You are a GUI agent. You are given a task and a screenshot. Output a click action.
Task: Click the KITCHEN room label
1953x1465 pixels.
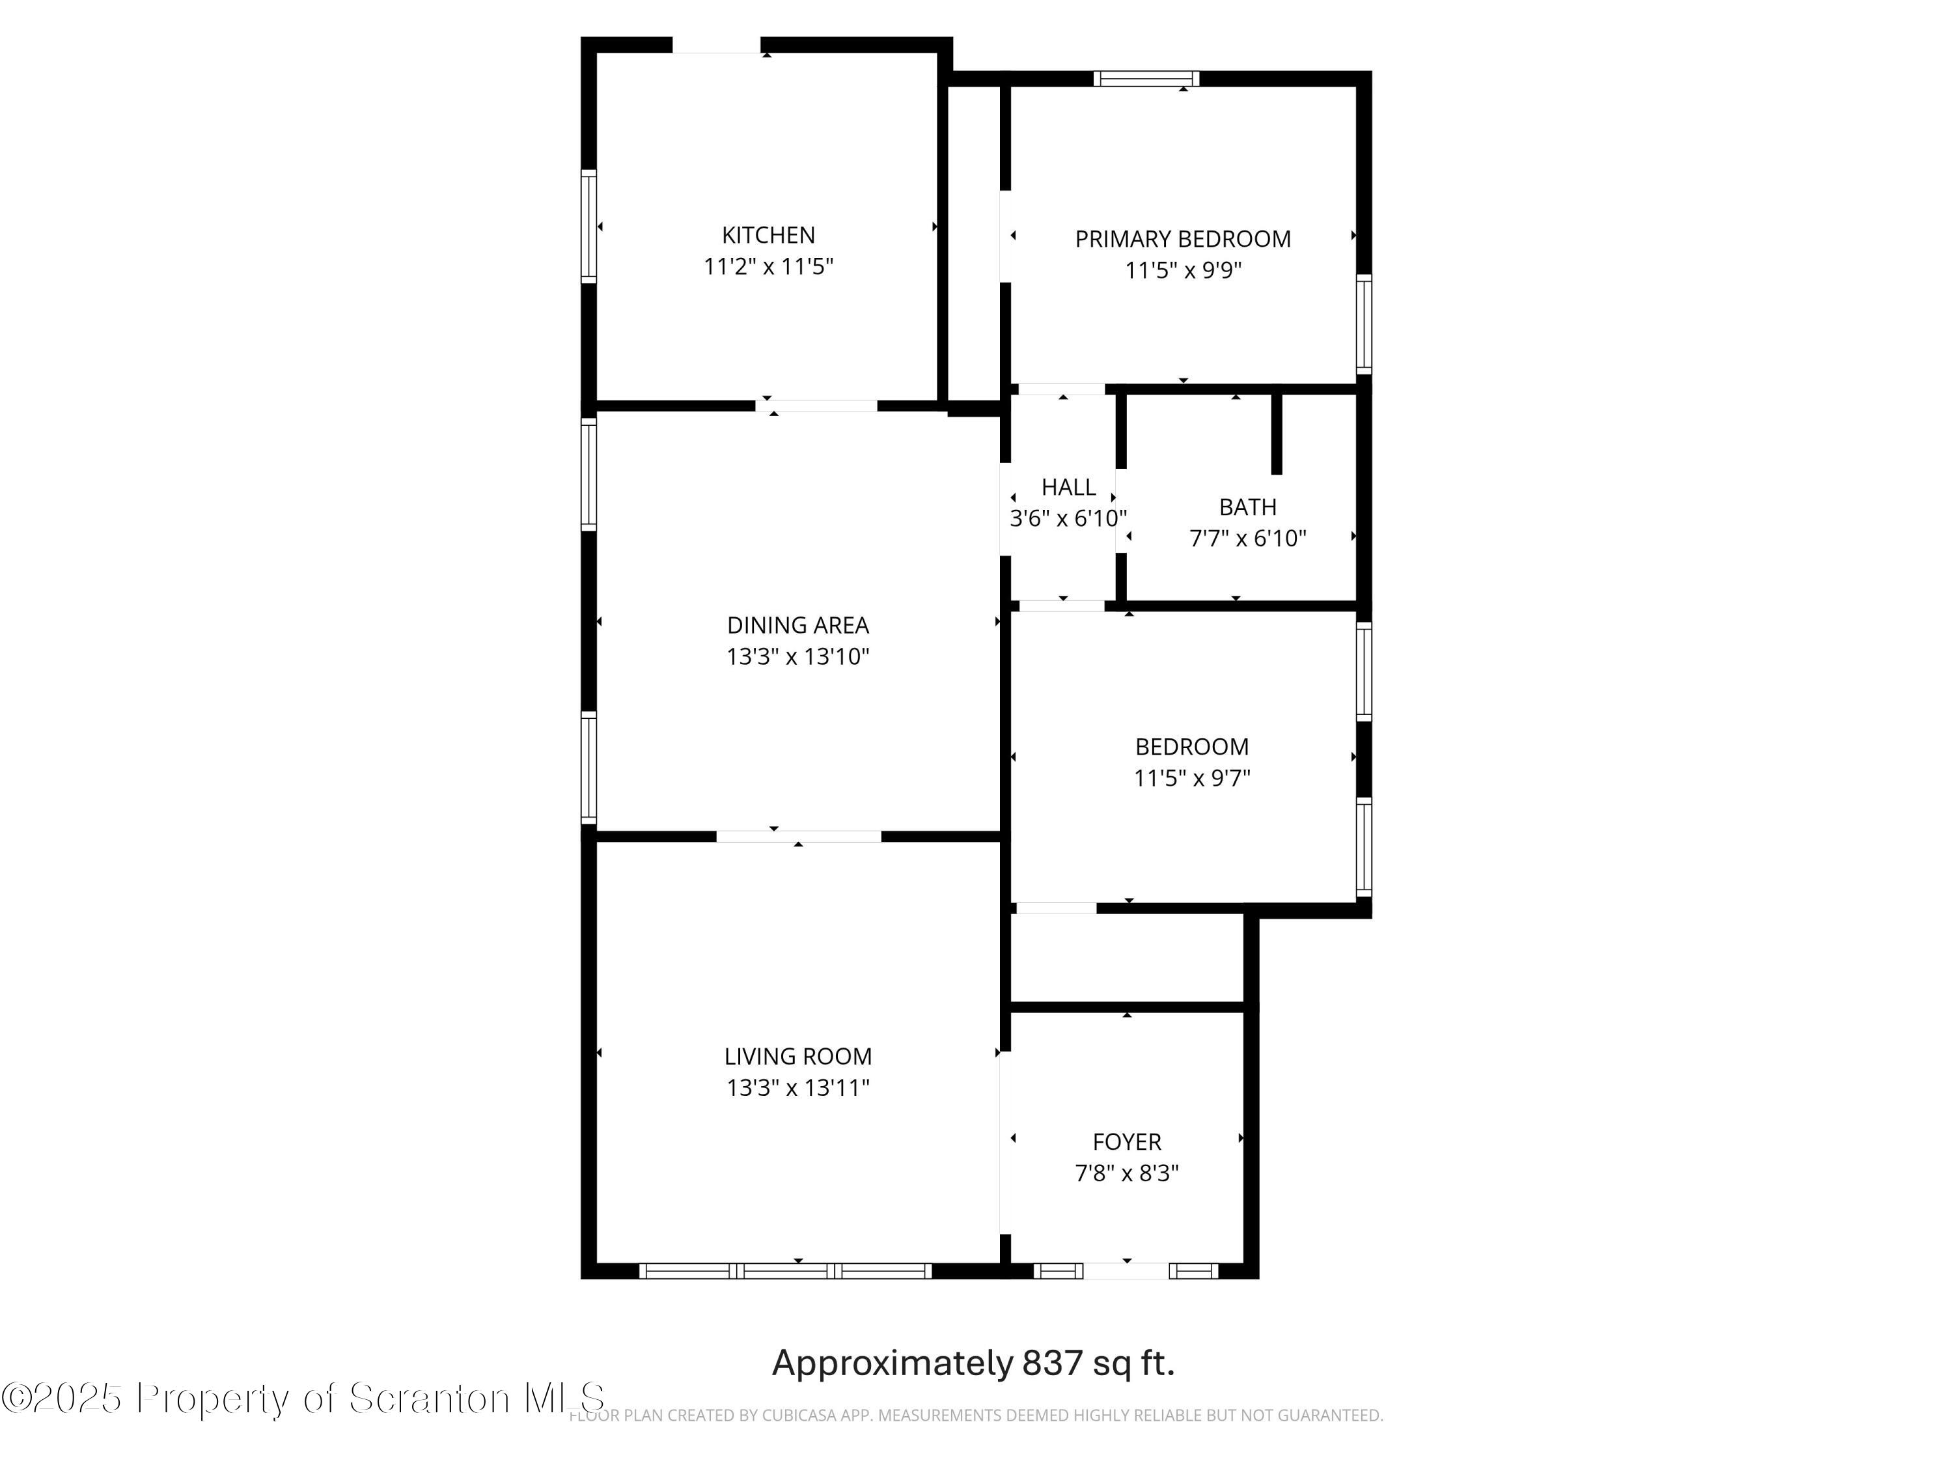click(768, 235)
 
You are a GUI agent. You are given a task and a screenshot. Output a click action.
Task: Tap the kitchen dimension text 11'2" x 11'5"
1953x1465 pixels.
click(768, 266)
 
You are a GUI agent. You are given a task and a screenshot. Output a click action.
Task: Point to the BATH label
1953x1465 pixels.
click(1247, 507)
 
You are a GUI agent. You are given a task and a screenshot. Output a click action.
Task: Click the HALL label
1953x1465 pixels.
click(1068, 486)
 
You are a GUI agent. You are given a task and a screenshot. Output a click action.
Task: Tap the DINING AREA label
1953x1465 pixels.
click(797, 625)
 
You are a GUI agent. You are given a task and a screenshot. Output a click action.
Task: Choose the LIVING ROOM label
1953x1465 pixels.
click(797, 1056)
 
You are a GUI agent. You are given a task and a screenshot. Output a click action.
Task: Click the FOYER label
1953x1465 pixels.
click(1127, 1142)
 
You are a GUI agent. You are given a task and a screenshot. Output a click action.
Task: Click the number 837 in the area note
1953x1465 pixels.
click(1051, 1363)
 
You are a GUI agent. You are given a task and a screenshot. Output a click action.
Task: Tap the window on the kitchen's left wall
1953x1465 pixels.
click(588, 226)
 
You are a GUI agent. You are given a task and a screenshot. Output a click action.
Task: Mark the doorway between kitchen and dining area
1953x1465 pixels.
click(816, 406)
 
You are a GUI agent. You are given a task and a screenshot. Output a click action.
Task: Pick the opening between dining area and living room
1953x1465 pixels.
click(798, 836)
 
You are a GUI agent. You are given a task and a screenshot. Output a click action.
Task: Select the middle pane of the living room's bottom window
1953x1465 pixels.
click(785, 1271)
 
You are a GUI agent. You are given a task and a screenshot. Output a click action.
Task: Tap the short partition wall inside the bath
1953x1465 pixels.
click(1276, 433)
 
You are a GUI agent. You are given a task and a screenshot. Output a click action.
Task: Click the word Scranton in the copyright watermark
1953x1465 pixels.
click(428, 1398)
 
